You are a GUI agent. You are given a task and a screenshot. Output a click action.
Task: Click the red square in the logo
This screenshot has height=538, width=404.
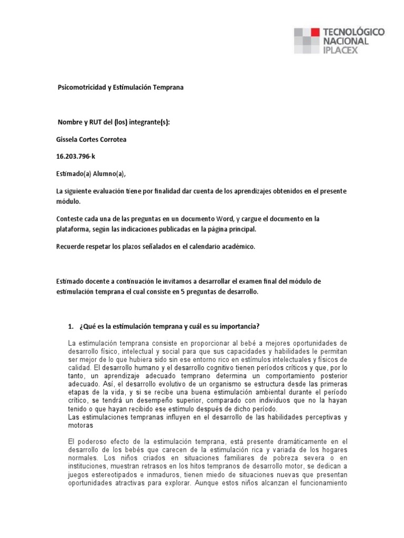pos(314,32)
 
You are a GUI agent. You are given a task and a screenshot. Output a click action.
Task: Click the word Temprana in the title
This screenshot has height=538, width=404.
pos(168,88)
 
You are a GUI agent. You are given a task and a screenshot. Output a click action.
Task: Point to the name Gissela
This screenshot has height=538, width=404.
pos(68,139)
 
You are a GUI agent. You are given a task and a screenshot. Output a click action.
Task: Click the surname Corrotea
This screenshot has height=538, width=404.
pos(113,139)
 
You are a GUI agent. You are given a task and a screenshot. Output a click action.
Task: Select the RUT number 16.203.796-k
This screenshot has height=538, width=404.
pos(76,157)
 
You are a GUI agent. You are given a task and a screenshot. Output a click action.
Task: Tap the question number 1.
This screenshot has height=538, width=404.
pos(70,326)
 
